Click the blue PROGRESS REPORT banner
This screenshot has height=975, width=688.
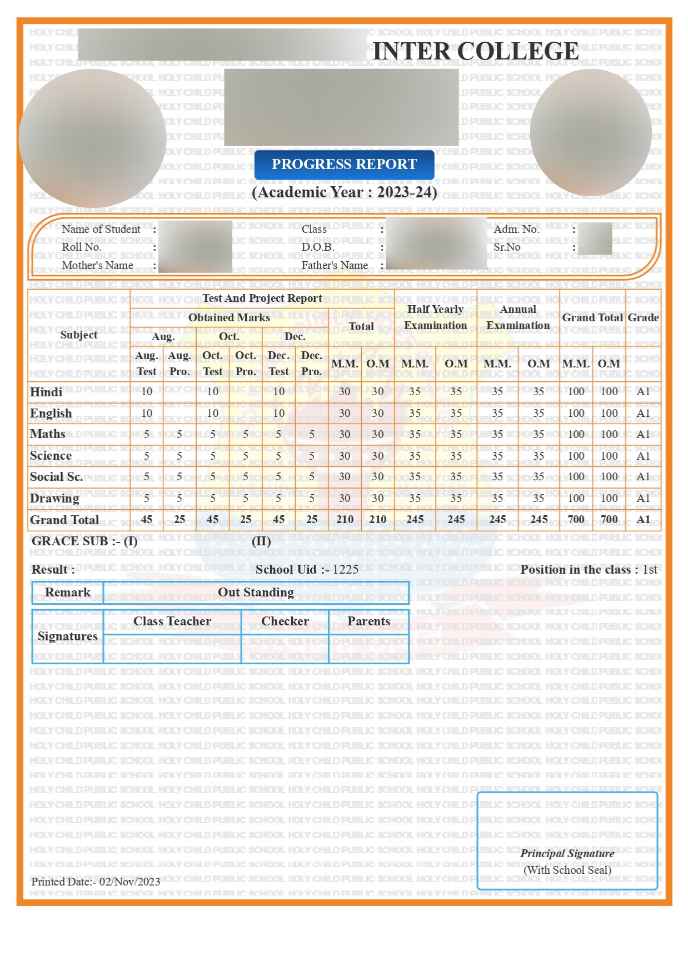[x=344, y=165]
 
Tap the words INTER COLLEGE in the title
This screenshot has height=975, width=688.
[x=476, y=51]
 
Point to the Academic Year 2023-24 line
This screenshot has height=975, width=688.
[x=344, y=192]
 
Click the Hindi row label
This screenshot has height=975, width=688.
[x=46, y=392]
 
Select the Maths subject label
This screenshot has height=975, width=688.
[x=48, y=434]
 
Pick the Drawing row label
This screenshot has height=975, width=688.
[x=54, y=498]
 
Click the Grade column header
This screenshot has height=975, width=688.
[x=643, y=317]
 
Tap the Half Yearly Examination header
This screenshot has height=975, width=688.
[x=435, y=317]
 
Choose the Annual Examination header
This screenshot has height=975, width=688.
[x=518, y=317]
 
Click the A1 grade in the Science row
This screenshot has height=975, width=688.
[x=643, y=456]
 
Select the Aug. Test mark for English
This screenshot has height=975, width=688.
[x=147, y=413]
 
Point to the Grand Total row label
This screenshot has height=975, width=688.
[x=64, y=520]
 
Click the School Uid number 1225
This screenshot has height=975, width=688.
[x=346, y=570]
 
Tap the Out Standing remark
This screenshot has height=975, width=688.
[x=256, y=593]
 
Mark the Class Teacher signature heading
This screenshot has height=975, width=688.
[x=172, y=621]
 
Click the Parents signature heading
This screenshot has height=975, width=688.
[x=368, y=621]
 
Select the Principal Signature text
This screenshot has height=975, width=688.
[x=567, y=853]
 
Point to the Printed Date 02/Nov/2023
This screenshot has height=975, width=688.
[x=96, y=882]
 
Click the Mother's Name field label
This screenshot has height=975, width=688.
[x=98, y=266]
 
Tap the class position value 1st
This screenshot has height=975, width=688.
[x=650, y=570]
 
